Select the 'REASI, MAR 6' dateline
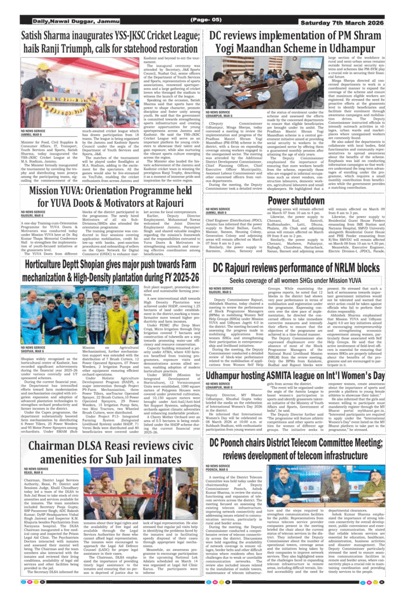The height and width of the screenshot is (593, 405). coord(34,472)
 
